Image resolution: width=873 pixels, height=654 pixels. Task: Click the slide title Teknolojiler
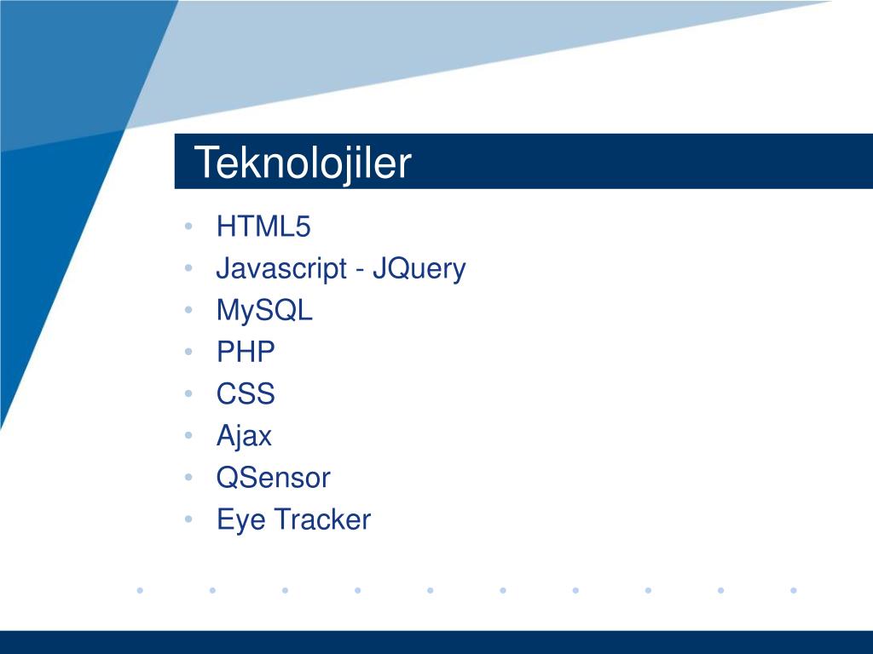303,163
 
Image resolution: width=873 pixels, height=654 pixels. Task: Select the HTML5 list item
263,227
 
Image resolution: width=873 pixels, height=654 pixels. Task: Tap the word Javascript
281,269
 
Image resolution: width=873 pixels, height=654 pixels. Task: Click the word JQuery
419,269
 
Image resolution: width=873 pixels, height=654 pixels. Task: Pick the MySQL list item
264,311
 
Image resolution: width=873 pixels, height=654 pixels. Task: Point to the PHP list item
246,352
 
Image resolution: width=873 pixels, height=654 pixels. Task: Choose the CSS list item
246,393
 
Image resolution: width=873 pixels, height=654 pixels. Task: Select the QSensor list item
274,478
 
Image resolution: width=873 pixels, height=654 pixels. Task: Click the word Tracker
323,519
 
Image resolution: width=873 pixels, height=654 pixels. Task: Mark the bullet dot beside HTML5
188,227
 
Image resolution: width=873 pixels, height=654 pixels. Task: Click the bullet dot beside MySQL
188,310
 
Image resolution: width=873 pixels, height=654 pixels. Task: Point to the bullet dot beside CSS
188,393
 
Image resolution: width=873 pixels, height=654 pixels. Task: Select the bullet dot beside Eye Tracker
188,519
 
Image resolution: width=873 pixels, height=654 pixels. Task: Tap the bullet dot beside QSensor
188,477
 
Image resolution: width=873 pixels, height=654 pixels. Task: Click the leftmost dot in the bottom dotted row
140,590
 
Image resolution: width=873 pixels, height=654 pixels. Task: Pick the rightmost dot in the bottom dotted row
794,590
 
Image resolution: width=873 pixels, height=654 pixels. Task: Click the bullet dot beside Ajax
188,435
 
